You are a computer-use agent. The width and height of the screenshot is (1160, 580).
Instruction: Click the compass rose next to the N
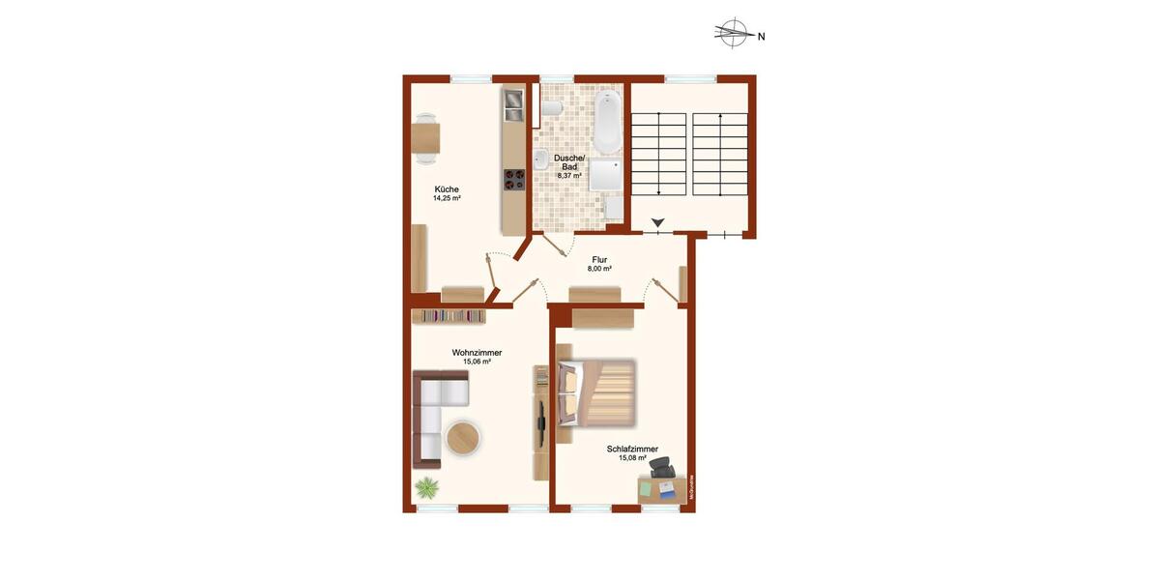(736, 36)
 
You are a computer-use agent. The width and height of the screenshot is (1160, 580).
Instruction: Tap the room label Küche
(447, 189)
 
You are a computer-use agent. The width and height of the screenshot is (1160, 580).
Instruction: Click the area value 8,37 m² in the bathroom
(569, 176)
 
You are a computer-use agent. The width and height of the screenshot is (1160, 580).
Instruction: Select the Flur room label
(599, 259)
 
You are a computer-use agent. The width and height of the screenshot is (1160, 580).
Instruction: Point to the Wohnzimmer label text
(477, 353)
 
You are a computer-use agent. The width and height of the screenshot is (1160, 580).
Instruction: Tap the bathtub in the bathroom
(607, 122)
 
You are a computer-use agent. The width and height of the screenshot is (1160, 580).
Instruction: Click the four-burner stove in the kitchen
(513, 180)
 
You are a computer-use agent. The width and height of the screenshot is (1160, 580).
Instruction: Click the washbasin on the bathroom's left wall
(541, 159)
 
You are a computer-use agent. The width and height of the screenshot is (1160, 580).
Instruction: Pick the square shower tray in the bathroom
(607, 176)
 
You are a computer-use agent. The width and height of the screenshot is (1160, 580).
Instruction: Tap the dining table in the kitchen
(425, 137)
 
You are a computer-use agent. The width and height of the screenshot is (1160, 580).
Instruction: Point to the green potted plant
(425, 488)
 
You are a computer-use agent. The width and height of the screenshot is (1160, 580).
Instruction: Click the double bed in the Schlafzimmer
(596, 392)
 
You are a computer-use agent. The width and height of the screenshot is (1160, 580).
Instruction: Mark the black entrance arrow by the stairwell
(658, 224)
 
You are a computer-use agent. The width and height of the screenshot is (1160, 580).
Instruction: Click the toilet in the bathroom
(550, 111)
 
